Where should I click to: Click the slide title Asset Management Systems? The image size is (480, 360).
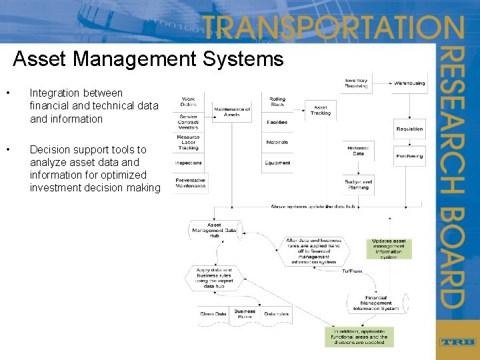point(148,59)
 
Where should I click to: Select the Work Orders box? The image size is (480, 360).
point(188,102)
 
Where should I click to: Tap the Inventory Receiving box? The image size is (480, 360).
point(356,83)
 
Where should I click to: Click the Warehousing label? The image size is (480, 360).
point(409,84)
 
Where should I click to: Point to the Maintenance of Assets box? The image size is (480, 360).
point(232,112)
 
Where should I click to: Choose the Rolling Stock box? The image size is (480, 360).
point(277,102)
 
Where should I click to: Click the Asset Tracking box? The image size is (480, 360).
point(321,111)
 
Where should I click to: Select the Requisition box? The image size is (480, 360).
point(409,129)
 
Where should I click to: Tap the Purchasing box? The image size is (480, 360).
point(409,156)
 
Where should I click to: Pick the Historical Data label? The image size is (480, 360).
point(359,151)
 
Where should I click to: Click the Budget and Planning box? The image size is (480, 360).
point(359,184)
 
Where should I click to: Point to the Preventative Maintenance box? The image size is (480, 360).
point(190,183)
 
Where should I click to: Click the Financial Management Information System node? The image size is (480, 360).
point(376,303)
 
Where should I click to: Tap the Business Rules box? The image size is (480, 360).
point(244,314)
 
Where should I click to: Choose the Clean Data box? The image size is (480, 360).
point(213,314)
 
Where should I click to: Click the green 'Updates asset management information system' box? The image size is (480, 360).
point(389,248)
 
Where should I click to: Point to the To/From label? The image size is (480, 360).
point(352,271)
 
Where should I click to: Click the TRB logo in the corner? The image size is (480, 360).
point(457,342)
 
